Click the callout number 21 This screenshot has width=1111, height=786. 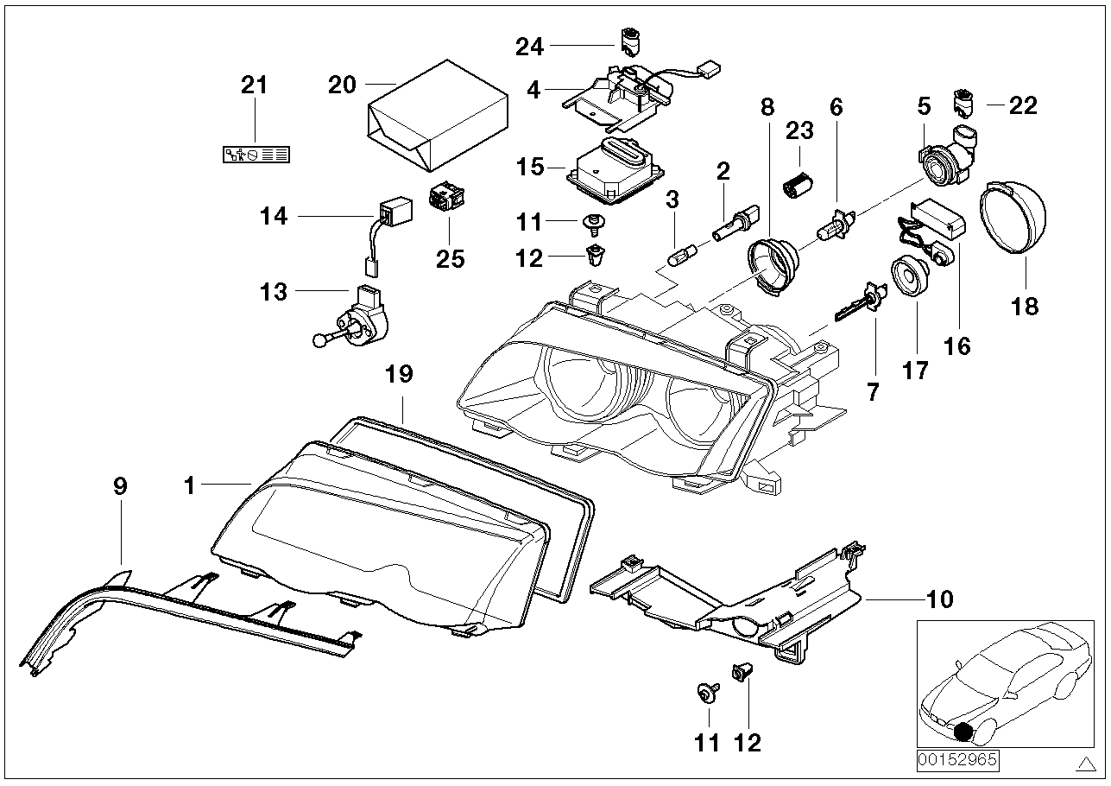255,86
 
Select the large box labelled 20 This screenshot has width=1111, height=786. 438,116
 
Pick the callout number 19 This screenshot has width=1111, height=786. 400,374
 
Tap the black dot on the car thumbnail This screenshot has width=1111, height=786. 963,732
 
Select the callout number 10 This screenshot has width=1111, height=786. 940,599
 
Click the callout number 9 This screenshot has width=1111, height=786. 121,486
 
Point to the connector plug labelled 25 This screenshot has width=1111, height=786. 446,194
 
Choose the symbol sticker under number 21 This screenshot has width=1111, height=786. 256,155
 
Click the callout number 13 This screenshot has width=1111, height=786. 274,292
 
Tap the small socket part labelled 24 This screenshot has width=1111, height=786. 630,41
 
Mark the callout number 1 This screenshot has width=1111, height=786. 189,485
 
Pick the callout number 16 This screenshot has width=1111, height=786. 956,346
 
